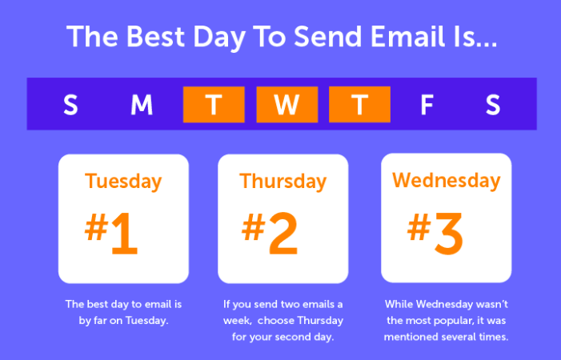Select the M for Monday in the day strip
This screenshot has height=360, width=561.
tap(142, 105)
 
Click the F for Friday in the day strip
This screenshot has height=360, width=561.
tap(427, 105)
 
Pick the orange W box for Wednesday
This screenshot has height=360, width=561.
tap(287, 105)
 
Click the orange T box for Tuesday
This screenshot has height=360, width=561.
tap(213, 105)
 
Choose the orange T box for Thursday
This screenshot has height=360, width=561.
tap(359, 105)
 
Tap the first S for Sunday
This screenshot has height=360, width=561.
tap(70, 105)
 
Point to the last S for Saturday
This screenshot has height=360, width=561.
tap(493, 105)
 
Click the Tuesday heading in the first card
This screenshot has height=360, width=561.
tap(123, 181)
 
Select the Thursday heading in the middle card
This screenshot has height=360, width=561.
tap(283, 181)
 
